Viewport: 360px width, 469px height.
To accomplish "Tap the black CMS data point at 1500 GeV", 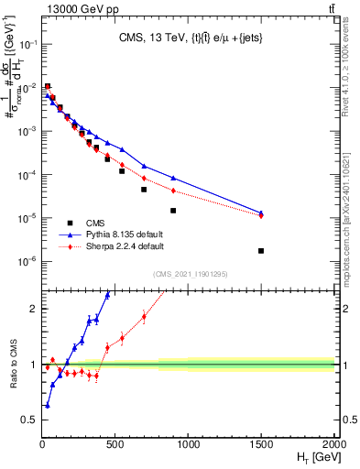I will (x=261, y=251).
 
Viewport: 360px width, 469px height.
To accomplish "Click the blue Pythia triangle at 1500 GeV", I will (x=261, y=213).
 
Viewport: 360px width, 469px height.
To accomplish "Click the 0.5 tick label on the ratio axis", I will (x=28, y=420).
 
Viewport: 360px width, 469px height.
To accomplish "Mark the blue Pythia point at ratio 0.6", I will (x=47, y=405).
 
